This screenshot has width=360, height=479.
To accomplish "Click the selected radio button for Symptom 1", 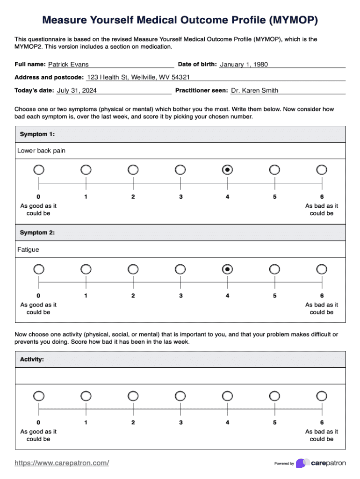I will [x=227, y=169].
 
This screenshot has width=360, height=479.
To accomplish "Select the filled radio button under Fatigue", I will [x=227, y=269].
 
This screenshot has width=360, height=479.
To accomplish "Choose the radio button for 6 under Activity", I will [x=322, y=396].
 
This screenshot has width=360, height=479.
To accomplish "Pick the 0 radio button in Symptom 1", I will [x=39, y=169].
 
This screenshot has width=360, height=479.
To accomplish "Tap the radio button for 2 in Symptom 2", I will [x=133, y=269].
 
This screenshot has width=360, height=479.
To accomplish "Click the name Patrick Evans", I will [x=68, y=65].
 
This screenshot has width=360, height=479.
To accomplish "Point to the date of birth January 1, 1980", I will [x=244, y=65].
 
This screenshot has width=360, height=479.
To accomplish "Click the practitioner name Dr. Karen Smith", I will [x=254, y=90].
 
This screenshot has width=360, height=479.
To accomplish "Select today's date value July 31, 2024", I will [x=77, y=90].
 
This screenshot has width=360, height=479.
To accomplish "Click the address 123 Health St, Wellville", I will [x=138, y=77].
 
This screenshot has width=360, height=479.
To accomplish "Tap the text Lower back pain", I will [x=42, y=151].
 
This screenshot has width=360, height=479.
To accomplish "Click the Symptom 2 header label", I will [x=37, y=232].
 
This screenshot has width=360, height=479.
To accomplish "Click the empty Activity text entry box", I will [x=180, y=376].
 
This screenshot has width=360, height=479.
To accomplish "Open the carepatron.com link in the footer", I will [x=62, y=463].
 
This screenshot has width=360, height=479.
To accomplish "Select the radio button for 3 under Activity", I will [x=180, y=396].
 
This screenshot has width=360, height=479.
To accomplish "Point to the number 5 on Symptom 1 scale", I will [x=275, y=197].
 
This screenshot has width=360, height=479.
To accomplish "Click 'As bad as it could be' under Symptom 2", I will [x=322, y=308].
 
